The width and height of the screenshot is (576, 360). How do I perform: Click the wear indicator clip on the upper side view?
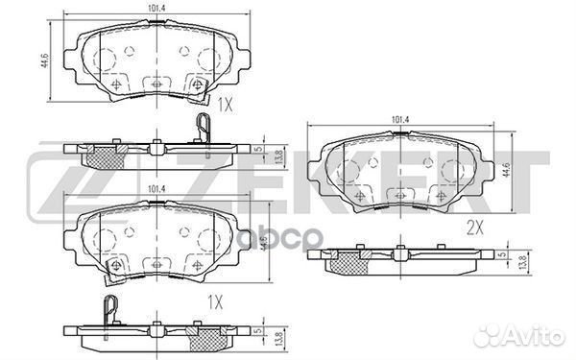coord(202,128)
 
